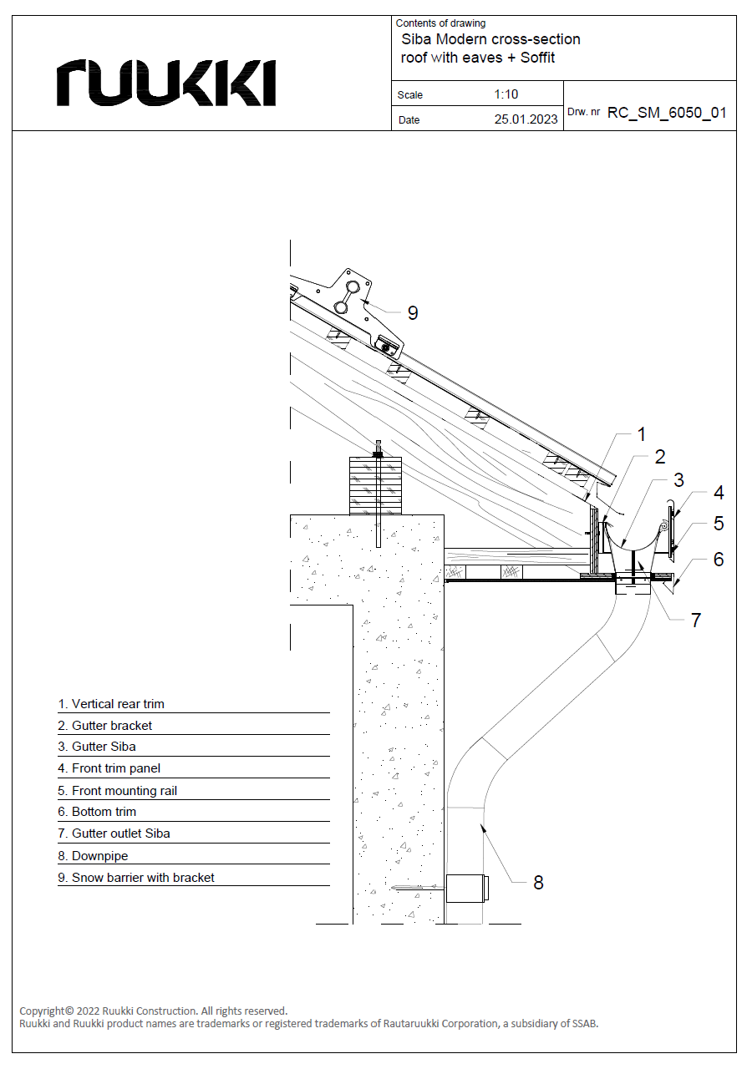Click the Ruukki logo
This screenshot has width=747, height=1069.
[x=166, y=83]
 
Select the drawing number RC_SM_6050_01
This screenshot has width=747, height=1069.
[x=666, y=113]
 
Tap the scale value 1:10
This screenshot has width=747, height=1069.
[x=506, y=94]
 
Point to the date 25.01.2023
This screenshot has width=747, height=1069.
[x=526, y=119]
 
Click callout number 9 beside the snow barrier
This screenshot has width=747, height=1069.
[x=413, y=313]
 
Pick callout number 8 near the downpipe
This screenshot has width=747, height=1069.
[x=538, y=883]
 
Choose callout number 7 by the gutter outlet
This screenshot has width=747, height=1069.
[x=696, y=620]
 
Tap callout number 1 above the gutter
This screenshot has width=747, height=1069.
[x=642, y=434]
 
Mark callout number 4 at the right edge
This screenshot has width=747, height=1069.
[x=719, y=493]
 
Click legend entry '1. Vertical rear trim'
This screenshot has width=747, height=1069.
[x=111, y=704]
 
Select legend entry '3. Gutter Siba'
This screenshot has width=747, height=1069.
[x=97, y=747]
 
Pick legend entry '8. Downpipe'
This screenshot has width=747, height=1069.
[x=93, y=856]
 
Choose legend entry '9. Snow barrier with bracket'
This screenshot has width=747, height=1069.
[x=136, y=877]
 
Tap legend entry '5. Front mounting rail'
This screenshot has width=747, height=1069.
[x=118, y=791]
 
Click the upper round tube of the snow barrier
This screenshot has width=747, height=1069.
[x=354, y=286]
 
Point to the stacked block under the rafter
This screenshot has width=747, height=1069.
[x=375, y=485]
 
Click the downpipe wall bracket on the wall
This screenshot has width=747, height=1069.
[x=466, y=889]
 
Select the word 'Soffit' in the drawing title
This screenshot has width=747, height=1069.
[x=537, y=58]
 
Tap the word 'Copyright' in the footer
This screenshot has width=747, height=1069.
[x=42, y=1011]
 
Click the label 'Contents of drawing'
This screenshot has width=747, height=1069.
[x=440, y=23]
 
